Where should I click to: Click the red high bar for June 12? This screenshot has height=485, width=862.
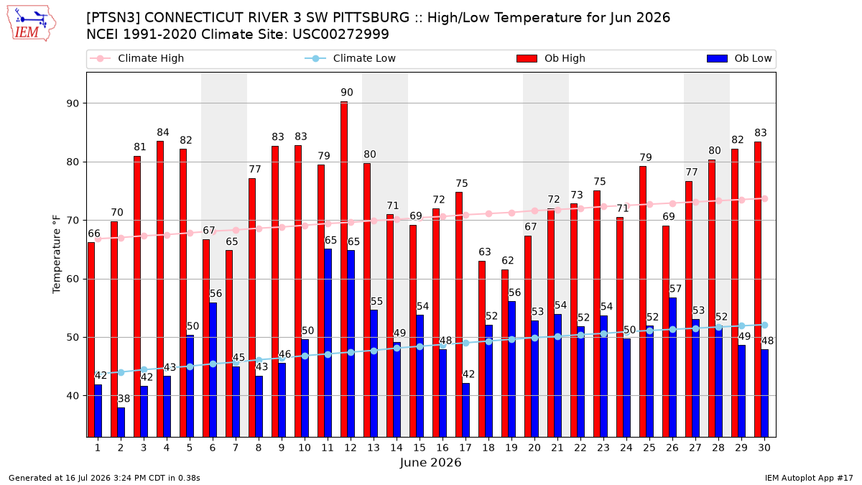[344, 269]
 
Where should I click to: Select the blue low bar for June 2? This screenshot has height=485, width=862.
[121, 422]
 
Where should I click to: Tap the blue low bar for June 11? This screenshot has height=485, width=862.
[328, 343]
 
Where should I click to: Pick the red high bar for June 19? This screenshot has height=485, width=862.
[505, 354]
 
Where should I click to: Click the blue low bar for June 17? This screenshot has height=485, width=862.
[465, 410]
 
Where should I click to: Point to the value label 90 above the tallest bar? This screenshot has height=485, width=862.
[347, 93]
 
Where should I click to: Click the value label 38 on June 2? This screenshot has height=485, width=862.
[124, 399]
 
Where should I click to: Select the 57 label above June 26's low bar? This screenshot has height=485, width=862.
[675, 289]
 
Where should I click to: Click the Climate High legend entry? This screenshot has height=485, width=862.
[137, 58]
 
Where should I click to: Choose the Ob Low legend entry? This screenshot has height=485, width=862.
[739, 58]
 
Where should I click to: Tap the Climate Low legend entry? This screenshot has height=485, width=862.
[351, 58]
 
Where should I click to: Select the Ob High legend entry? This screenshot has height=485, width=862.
[551, 58]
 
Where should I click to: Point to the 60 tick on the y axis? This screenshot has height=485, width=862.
[73, 279]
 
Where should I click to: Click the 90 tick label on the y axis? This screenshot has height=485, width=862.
[73, 103]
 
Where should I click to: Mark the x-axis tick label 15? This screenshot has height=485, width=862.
[420, 448]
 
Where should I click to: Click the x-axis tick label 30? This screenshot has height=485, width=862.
[764, 448]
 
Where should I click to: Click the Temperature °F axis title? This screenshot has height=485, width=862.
[57, 254]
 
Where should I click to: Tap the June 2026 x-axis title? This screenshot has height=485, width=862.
[430, 462]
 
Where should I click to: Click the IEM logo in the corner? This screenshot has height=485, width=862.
[31, 24]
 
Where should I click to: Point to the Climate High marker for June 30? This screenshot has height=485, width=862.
[764, 198]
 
